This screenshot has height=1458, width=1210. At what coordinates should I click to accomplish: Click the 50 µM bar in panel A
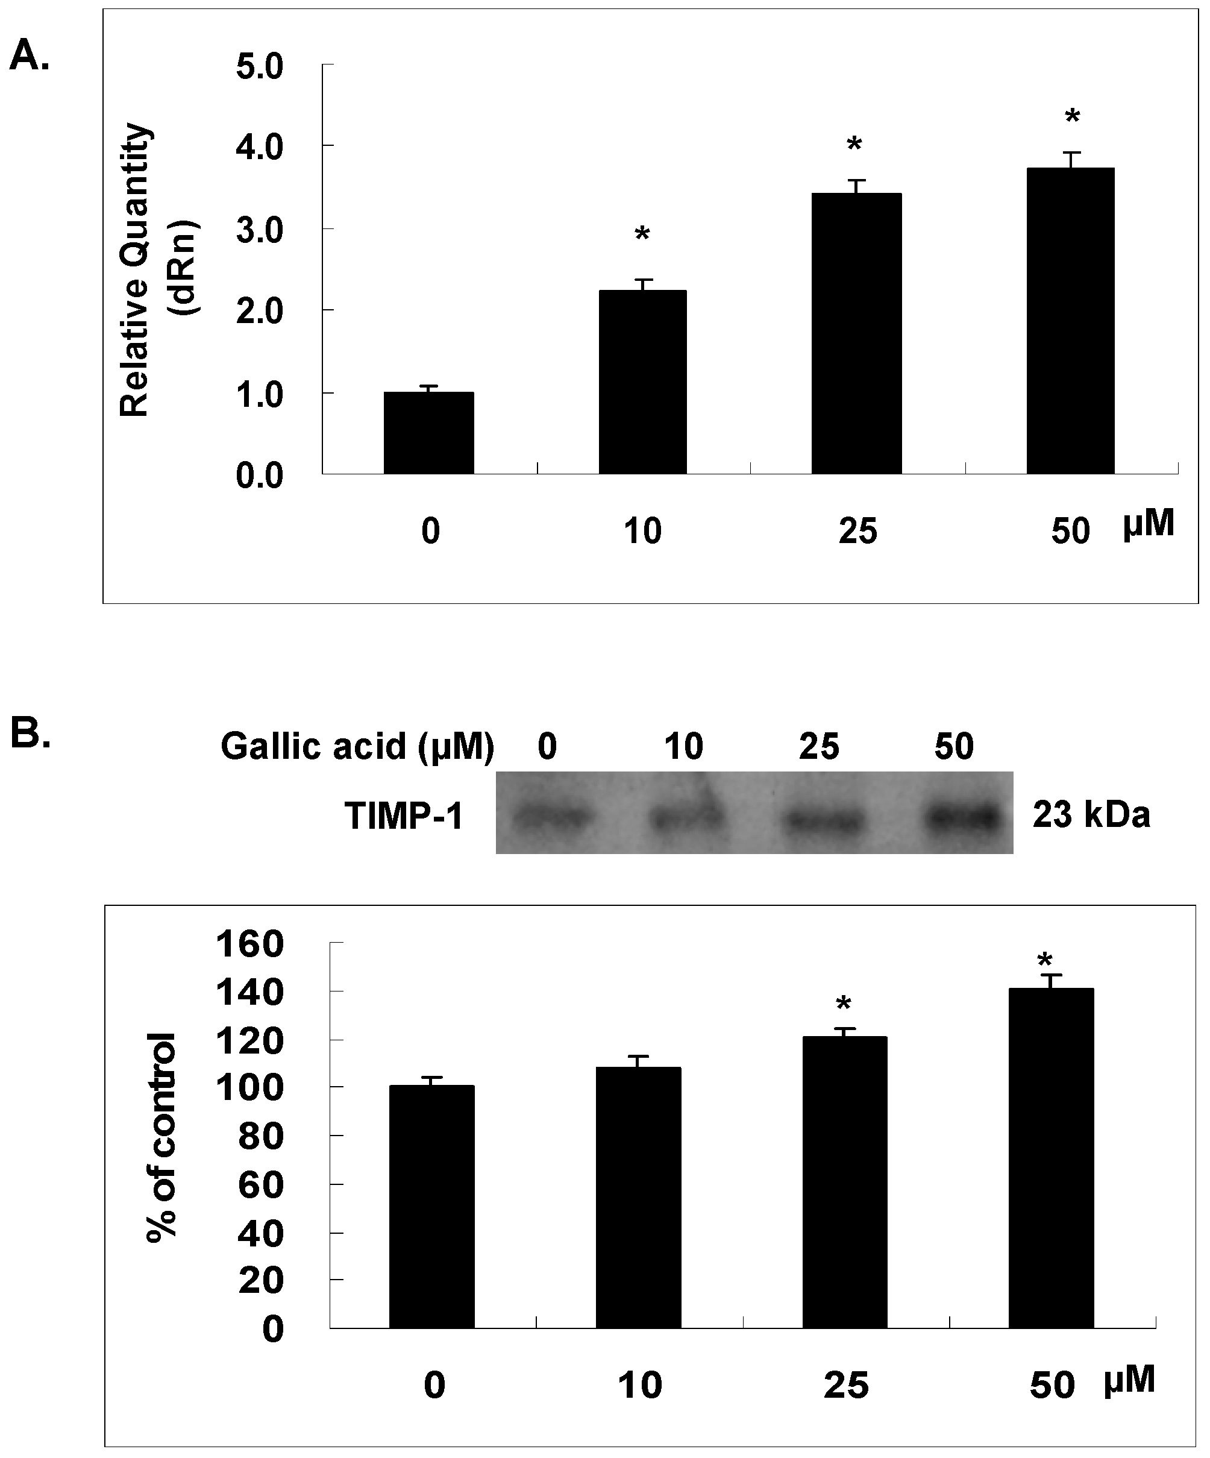coord(1070,321)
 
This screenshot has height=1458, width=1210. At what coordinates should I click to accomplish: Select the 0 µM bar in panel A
coord(429,433)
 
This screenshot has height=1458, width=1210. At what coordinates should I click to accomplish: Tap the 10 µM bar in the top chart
coord(643,382)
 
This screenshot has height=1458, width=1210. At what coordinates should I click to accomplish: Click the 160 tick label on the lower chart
coord(251,945)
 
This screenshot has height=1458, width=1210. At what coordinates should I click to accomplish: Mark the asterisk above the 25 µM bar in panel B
coord(844,1005)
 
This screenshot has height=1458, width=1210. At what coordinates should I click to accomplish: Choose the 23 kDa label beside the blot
coord(1091,815)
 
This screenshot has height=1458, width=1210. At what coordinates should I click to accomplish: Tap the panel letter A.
coord(28,55)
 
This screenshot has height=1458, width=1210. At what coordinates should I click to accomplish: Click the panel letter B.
coord(30,735)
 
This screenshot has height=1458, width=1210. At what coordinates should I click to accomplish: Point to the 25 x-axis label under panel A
coord(858,532)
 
